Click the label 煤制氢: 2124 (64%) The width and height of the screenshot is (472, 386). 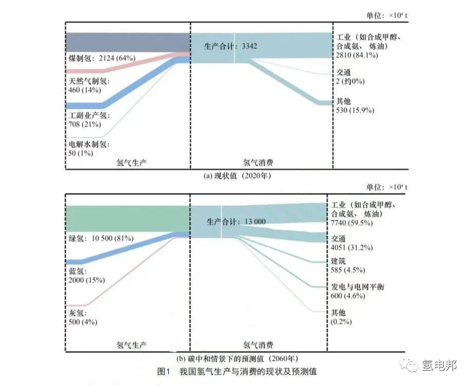101,59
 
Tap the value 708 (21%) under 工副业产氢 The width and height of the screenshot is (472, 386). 85,124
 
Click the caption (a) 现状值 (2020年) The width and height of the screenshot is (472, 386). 237,176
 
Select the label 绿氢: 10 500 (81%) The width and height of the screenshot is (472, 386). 101,238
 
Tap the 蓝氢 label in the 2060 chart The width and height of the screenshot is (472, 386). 77,271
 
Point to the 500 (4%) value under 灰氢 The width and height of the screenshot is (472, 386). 83,322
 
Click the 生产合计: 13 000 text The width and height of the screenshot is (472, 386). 236,222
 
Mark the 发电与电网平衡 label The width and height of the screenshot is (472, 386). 358,286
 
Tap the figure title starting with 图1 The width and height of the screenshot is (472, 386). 237,371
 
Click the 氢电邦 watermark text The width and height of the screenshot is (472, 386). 439,365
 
